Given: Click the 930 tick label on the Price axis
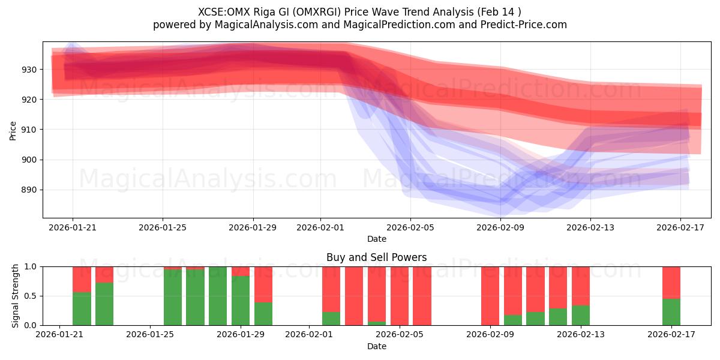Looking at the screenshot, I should pyautogui.click(x=28, y=70).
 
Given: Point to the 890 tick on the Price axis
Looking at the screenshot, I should pyautogui.click(x=28, y=190).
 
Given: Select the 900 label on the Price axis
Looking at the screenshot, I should pyautogui.click(x=28, y=160).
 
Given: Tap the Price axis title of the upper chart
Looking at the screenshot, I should pyautogui.click(x=13, y=130).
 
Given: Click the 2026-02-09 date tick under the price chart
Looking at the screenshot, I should pyautogui.click(x=500, y=228).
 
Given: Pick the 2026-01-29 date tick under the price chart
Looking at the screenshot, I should pyautogui.click(x=253, y=228).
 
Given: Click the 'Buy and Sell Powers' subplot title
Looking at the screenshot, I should pyautogui.click(x=376, y=257).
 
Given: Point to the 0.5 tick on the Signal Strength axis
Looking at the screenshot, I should pyautogui.click(x=31, y=296).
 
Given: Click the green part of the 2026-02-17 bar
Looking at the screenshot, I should pyautogui.click(x=671, y=312).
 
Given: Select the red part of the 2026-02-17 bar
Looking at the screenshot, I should pyautogui.click(x=671, y=282).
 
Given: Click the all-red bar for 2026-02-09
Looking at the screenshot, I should pyautogui.click(x=490, y=296).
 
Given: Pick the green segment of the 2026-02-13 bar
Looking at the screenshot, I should pyautogui.click(x=581, y=316).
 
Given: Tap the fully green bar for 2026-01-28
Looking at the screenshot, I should pyautogui.click(x=218, y=296).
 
